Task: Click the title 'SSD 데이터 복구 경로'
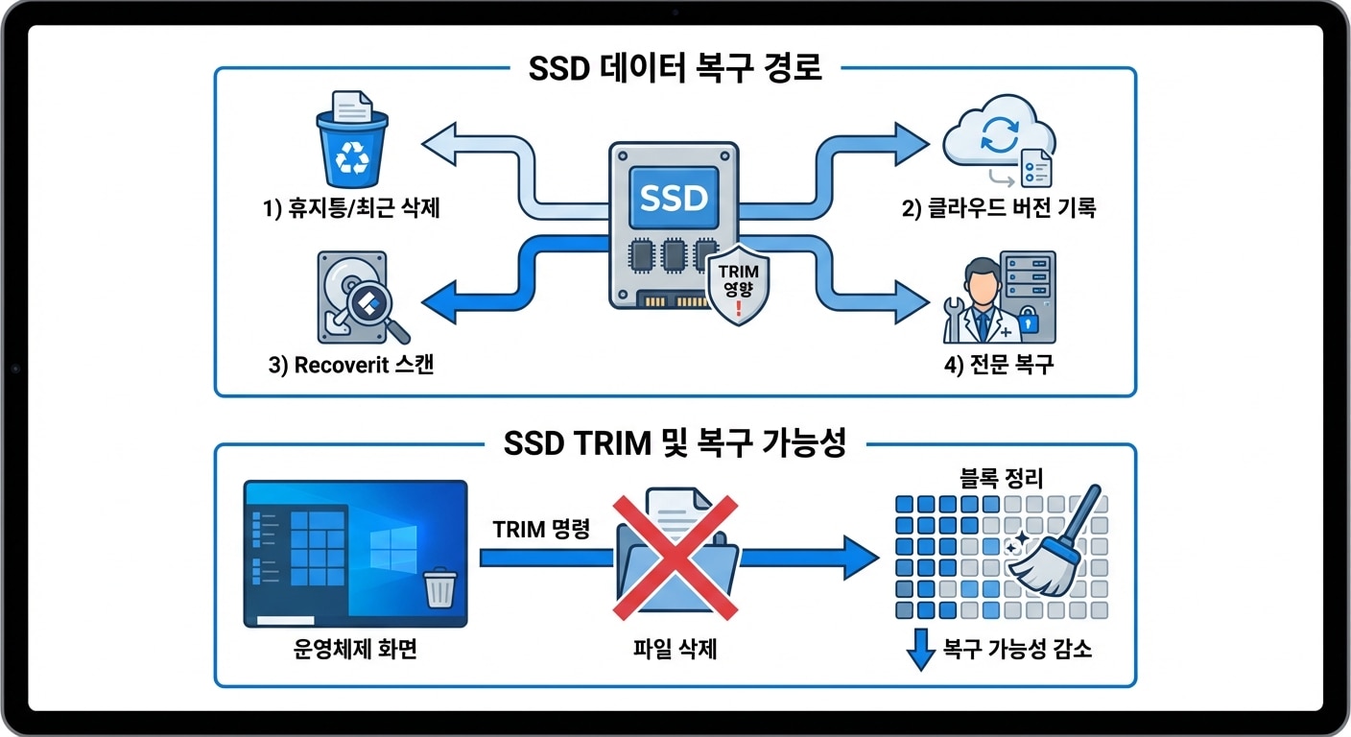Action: pos(675,69)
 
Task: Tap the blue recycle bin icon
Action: pos(351,148)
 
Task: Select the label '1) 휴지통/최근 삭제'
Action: pos(351,208)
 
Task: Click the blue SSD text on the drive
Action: pos(673,199)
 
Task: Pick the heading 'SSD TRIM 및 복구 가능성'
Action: pos(675,443)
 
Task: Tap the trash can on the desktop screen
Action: pos(439,586)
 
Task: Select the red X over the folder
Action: pos(675,556)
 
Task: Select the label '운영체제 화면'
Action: pos(355,650)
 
